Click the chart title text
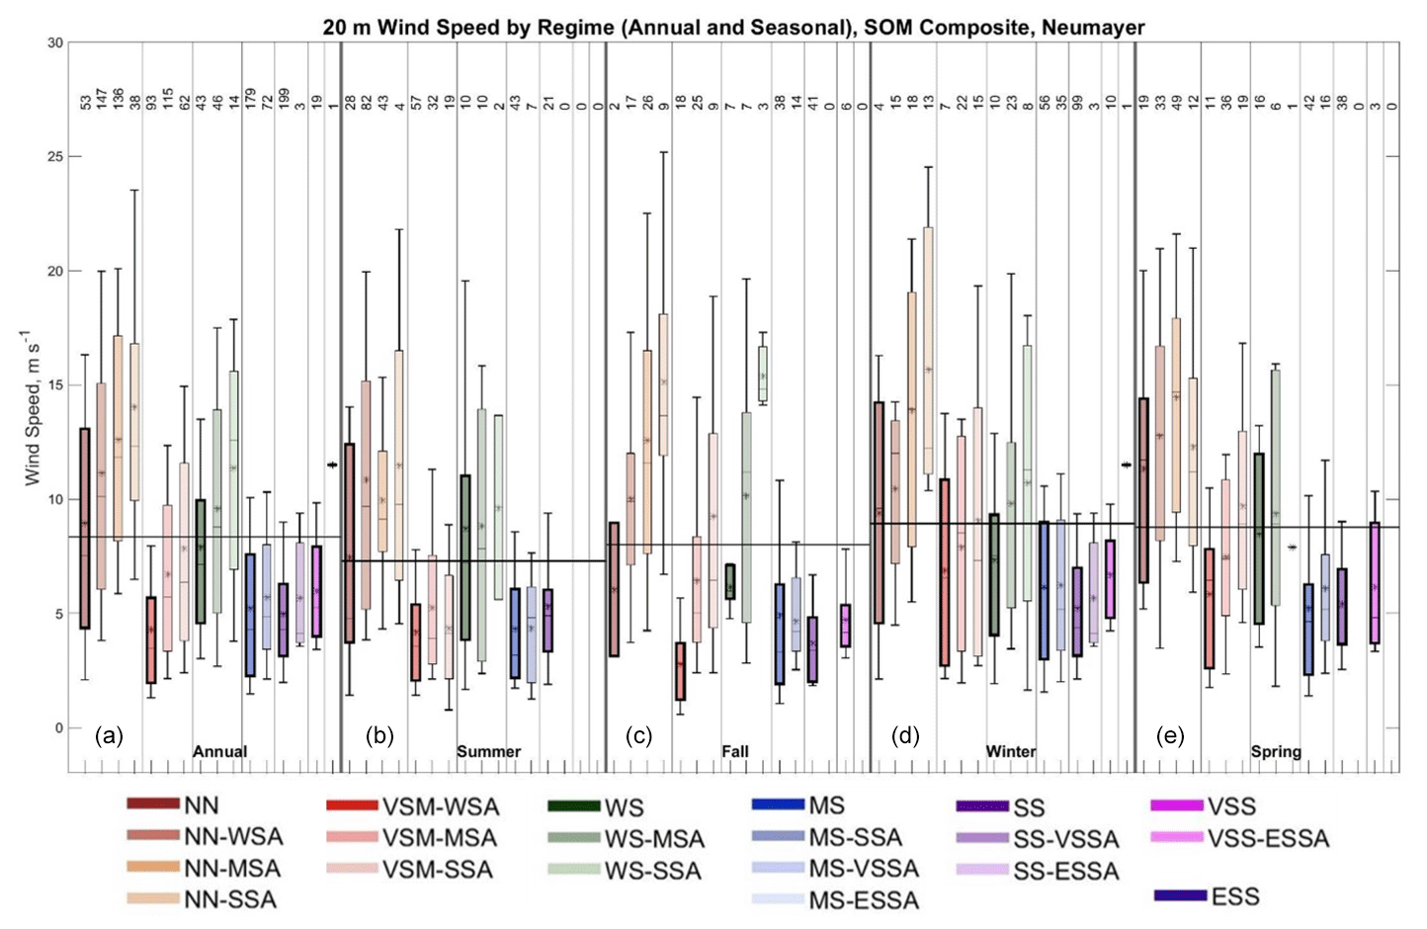[x=733, y=27]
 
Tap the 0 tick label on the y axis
[x=58, y=728]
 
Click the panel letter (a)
[x=109, y=735]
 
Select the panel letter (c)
[x=640, y=735]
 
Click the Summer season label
[x=488, y=751]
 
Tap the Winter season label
[x=1010, y=751]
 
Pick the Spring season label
[x=1276, y=751]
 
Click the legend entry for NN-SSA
[x=230, y=899]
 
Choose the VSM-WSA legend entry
[x=440, y=806]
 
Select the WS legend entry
[x=624, y=807]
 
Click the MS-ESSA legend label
[x=864, y=900]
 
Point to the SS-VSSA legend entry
[x=1065, y=839]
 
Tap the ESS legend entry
[x=1235, y=896]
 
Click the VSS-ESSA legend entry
[x=1268, y=839]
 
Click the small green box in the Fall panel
[x=729, y=581]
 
